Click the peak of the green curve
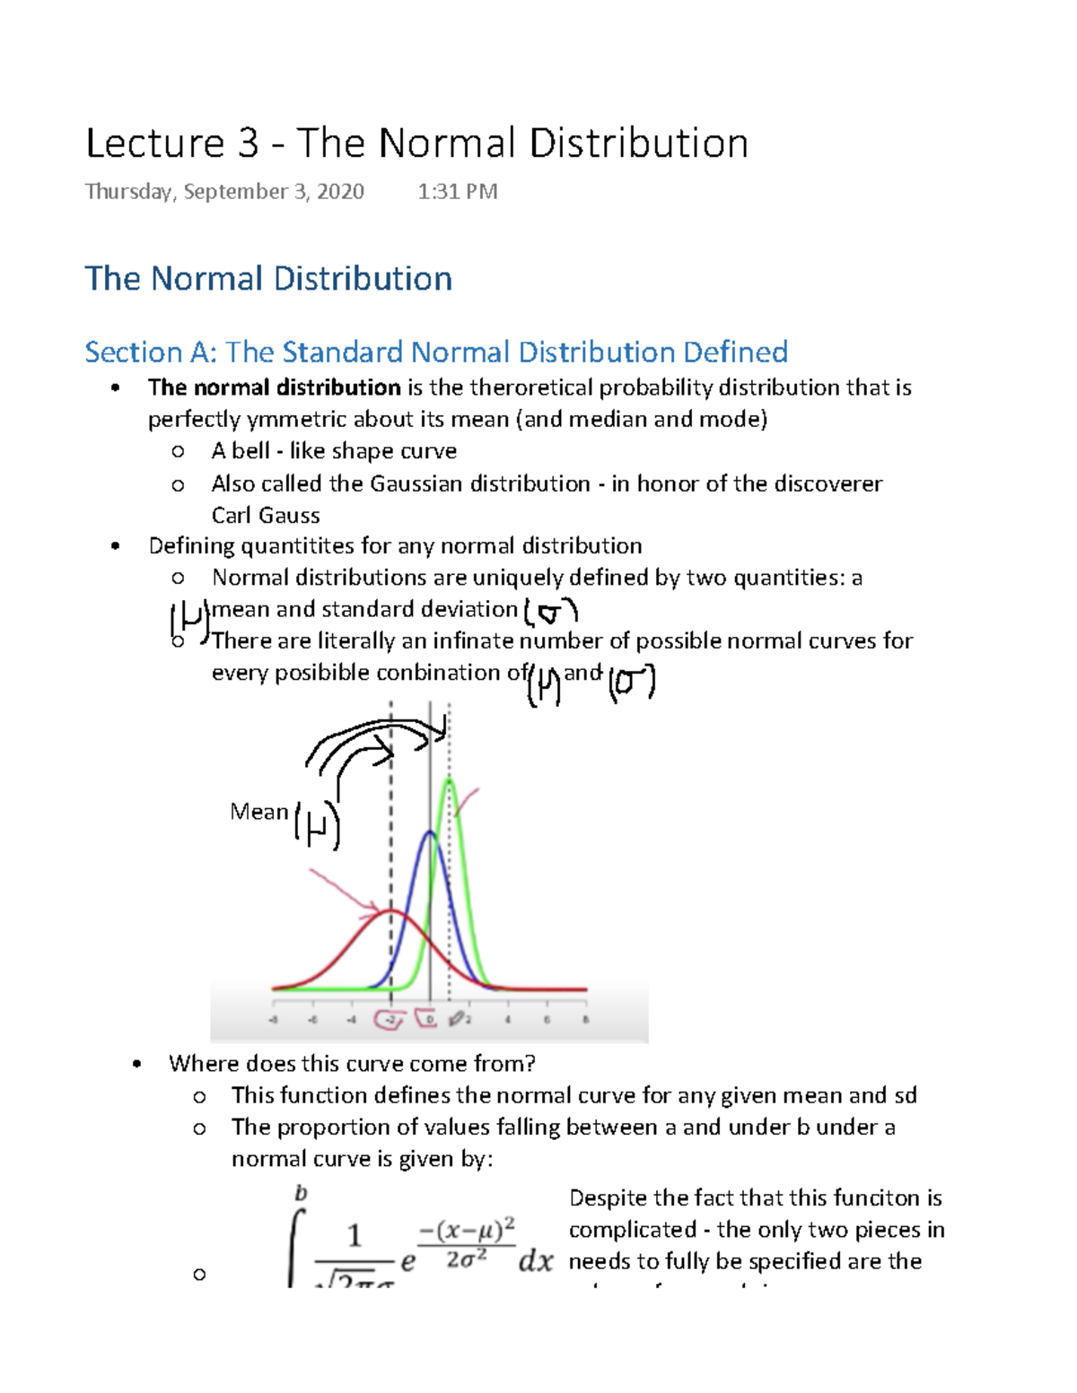pyautogui.click(x=450, y=781)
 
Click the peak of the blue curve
pyautogui.click(x=430, y=833)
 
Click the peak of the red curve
pyautogui.click(x=390, y=911)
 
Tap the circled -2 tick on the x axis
pyautogui.click(x=390, y=1020)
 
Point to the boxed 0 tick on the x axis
pyautogui.click(x=429, y=1020)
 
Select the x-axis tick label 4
pyautogui.click(x=508, y=1020)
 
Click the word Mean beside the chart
pyautogui.click(x=258, y=812)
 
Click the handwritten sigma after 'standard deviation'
pyautogui.click(x=550, y=613)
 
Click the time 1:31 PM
pyautogui.click(x=458, y=192)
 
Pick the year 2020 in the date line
pyautogui.click(x=340, y=192)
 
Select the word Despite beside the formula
pyautogui.click(x=608, y=1198)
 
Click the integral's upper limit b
pyautogui.click(x=301, y=1193)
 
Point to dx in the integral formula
pyautogui.click(x=535, y=1261)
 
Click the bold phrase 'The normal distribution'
pyautogui.click(x=274, y=387)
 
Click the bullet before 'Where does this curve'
pyautogui.click(x=136, y=1065)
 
